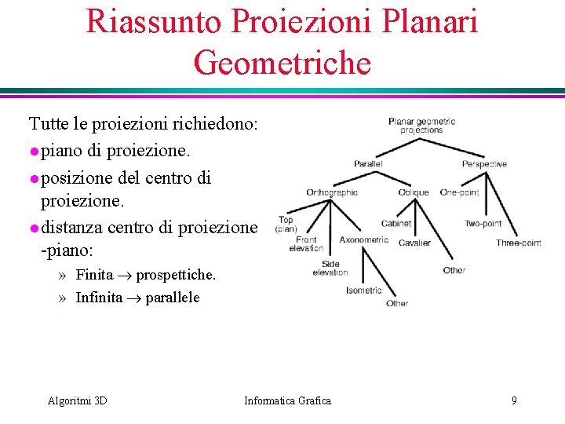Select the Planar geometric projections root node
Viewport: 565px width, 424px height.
pyautogui.click(x=421, y=126)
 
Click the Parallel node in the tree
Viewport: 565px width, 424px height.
pyautogui.click(x=368, y=164)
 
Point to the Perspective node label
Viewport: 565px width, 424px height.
pyautogui.click(x=484, y=164)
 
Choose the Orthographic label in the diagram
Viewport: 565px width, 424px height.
pyautogui.click(x=332, y=192)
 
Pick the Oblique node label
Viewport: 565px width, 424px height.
pyautogui.click(x=414, y=192)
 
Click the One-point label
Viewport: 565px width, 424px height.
pyautogui.click(x=459, y=192)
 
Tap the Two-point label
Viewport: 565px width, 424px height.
pyautogui.click(x=483, y=224)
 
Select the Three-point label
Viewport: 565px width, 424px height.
pyautogui.click(x=519, y=243)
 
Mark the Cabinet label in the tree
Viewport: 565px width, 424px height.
pyautogui.click(x=395, y=224)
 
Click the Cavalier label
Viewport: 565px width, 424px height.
pyautogui.click(x=414, y=243)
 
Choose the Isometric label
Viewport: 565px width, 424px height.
pyautogui.click(x=364, y=291)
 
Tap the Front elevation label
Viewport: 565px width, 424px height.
pyautogui.click(x=306, y=244)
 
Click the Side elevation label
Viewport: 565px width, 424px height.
pyautogui.click(x=330, y=269)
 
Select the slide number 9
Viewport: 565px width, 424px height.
pyautogui.click(x=514, y=401)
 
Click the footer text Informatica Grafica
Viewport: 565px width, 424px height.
pyautogui.click(x=287, y=401)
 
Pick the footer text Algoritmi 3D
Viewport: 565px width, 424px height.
pyautogui.click(x=77, y=401)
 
